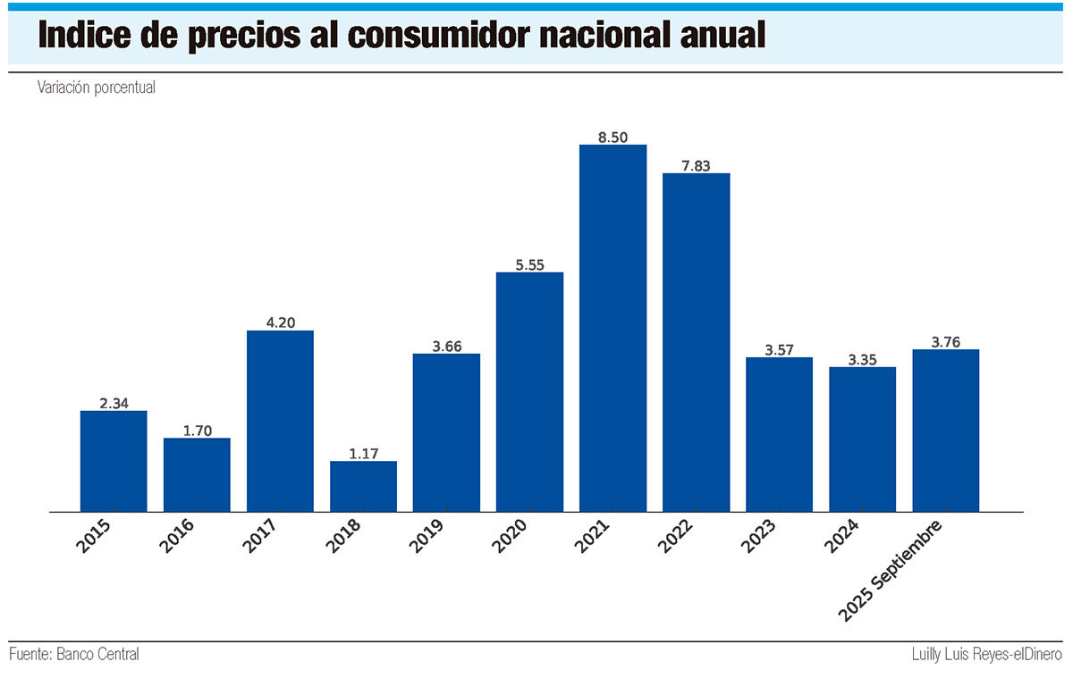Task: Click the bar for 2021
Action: click(613, 328)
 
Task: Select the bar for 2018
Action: click(363, 486)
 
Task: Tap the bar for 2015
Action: click(114, 461)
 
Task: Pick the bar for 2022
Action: click(696, 342)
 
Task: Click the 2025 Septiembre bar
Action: click(945, 430)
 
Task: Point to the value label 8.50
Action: click(613, 137)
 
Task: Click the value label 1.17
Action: click(363, 453)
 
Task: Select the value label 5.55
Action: click(529, 264)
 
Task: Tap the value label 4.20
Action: click(280, 322)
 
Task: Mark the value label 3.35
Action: click(862, 359)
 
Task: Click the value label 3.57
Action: click(779, 349)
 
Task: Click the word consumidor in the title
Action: click(476, 35)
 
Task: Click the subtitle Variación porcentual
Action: click(97, 88)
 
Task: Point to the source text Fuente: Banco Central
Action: click(74, 654)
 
